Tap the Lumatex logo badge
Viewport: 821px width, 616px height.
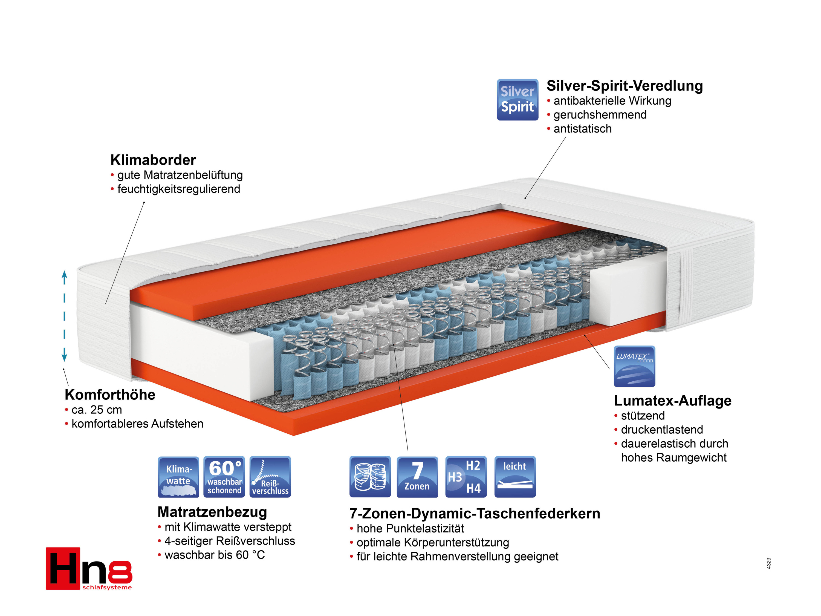pos(634,366)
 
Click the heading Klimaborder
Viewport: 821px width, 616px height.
pos(153,160)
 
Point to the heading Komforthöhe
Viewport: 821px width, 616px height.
pos(110,395)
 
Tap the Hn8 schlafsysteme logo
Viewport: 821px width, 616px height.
pos(89,568)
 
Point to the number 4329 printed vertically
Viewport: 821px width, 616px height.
pos(769,563)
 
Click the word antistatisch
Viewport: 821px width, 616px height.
pos(582,129)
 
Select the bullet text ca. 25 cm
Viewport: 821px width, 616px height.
pos(97,410)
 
